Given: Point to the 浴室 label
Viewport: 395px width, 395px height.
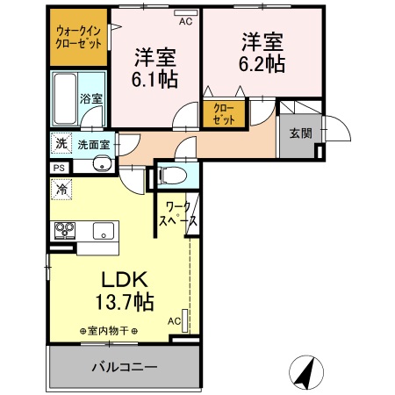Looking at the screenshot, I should (91, 98).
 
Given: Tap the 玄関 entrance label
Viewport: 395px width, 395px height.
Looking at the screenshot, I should (299, 133).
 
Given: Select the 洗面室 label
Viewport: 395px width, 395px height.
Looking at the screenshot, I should (92, 144).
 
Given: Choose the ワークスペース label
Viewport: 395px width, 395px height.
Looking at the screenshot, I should (176, 216).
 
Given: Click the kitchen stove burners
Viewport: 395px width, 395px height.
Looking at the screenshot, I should (66, 231).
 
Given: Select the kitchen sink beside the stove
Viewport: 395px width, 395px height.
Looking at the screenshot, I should (102, 232).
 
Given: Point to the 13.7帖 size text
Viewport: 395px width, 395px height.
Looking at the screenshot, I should (126, 303).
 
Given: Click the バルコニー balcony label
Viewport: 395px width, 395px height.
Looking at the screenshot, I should (124, 366).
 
